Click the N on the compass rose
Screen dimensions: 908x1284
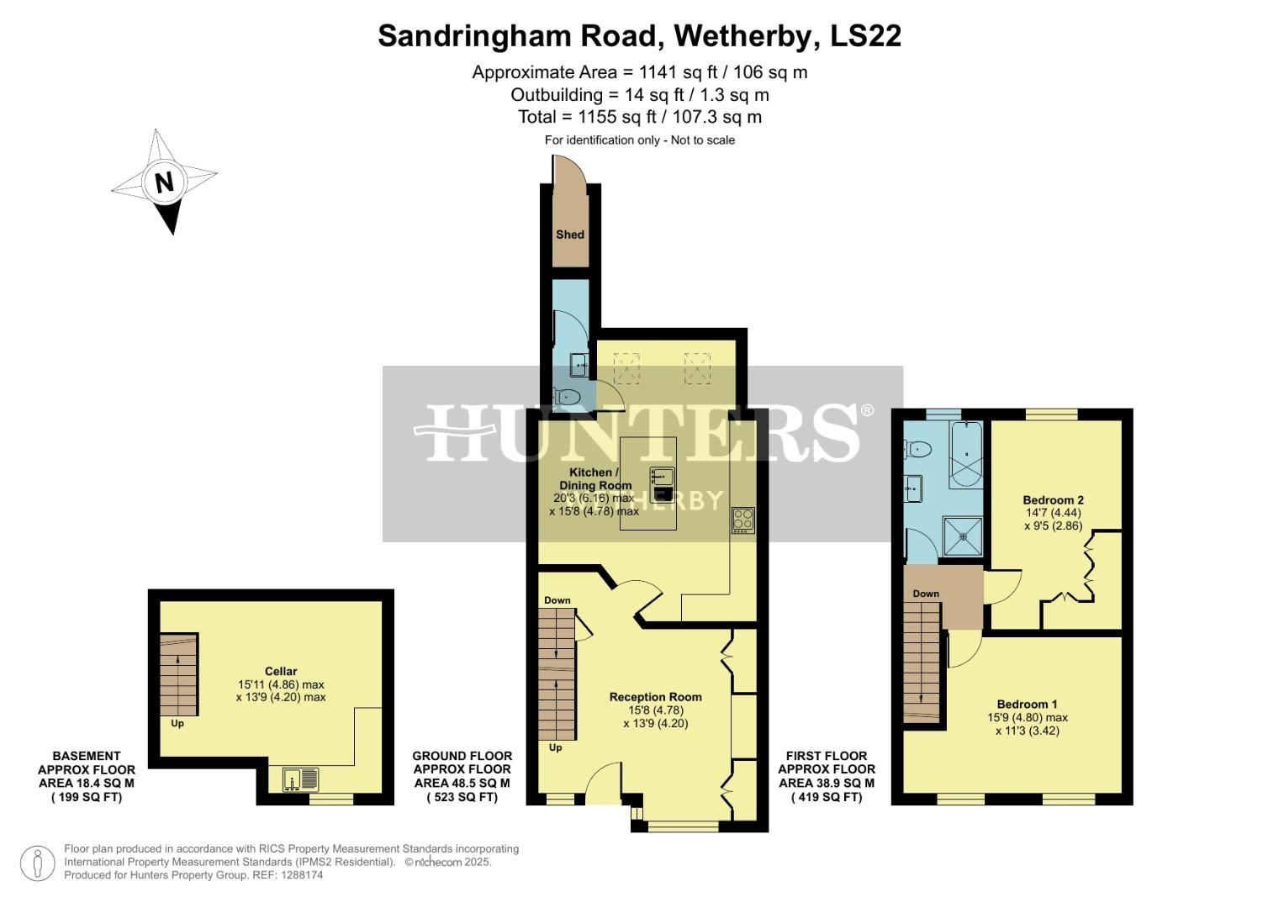coord(164,182)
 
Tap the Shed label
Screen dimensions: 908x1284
coord(569,235)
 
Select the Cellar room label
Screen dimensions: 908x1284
coord(281,671)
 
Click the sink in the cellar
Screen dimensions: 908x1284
coord(300,779)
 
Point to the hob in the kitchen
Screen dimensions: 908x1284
coord(742,520)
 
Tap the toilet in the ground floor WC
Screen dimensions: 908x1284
coord(567,396)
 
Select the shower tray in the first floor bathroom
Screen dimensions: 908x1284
coord(963,536)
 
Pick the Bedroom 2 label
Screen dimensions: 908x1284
coord(1053,499)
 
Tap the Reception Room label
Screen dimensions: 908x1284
coord(655,697)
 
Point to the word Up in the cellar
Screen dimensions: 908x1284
coord(177,723)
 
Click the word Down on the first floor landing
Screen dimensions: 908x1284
coord(926,594)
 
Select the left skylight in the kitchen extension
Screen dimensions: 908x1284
coord(626,367)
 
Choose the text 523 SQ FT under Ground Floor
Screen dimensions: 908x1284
coord(462,797)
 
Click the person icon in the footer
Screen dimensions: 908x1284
coord(38,863)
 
